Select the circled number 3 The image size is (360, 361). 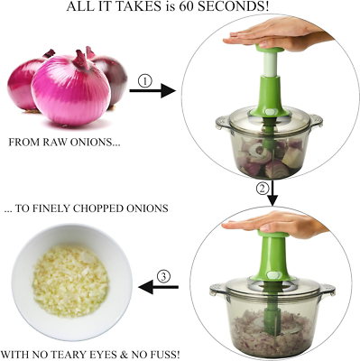coord(163,274)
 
